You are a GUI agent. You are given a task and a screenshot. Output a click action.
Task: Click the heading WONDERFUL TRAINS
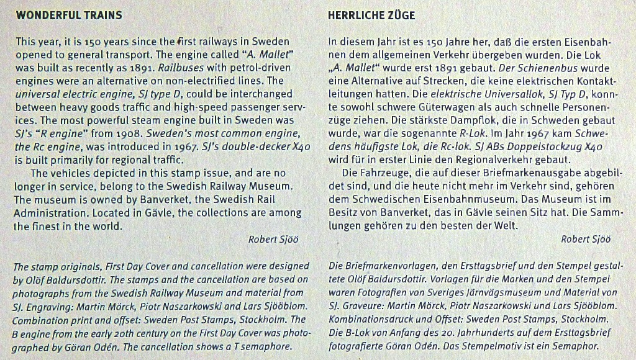[69, 15]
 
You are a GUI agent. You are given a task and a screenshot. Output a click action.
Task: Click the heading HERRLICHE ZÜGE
[371, 15]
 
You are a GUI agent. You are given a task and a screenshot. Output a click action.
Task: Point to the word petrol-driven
[261, 68]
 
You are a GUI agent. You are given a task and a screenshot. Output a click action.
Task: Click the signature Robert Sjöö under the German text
[586, 240]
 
